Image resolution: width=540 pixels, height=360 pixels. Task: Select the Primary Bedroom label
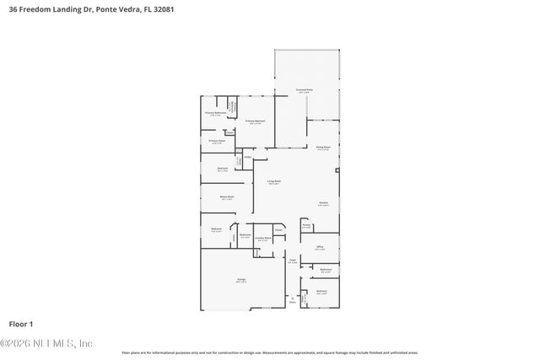[x=256, y=121]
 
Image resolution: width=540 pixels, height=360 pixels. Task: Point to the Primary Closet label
[x=216, y=142]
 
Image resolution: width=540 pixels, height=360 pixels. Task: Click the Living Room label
[x=274, y=181]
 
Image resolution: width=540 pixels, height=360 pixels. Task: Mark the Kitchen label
[x=323, y=203]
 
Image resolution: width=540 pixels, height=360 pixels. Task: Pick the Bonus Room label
[x=215, y=198]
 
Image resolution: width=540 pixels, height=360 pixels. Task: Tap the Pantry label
[x=307, y=225]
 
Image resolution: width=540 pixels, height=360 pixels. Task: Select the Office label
[x=321, y=247]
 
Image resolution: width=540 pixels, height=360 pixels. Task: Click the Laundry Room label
[x=264, y=239]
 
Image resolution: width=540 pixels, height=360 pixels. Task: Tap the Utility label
[x=248, y=157]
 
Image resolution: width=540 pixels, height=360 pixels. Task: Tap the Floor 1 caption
[x=20, y=324]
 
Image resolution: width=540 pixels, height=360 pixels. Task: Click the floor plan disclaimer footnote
[x=270, y=352]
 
